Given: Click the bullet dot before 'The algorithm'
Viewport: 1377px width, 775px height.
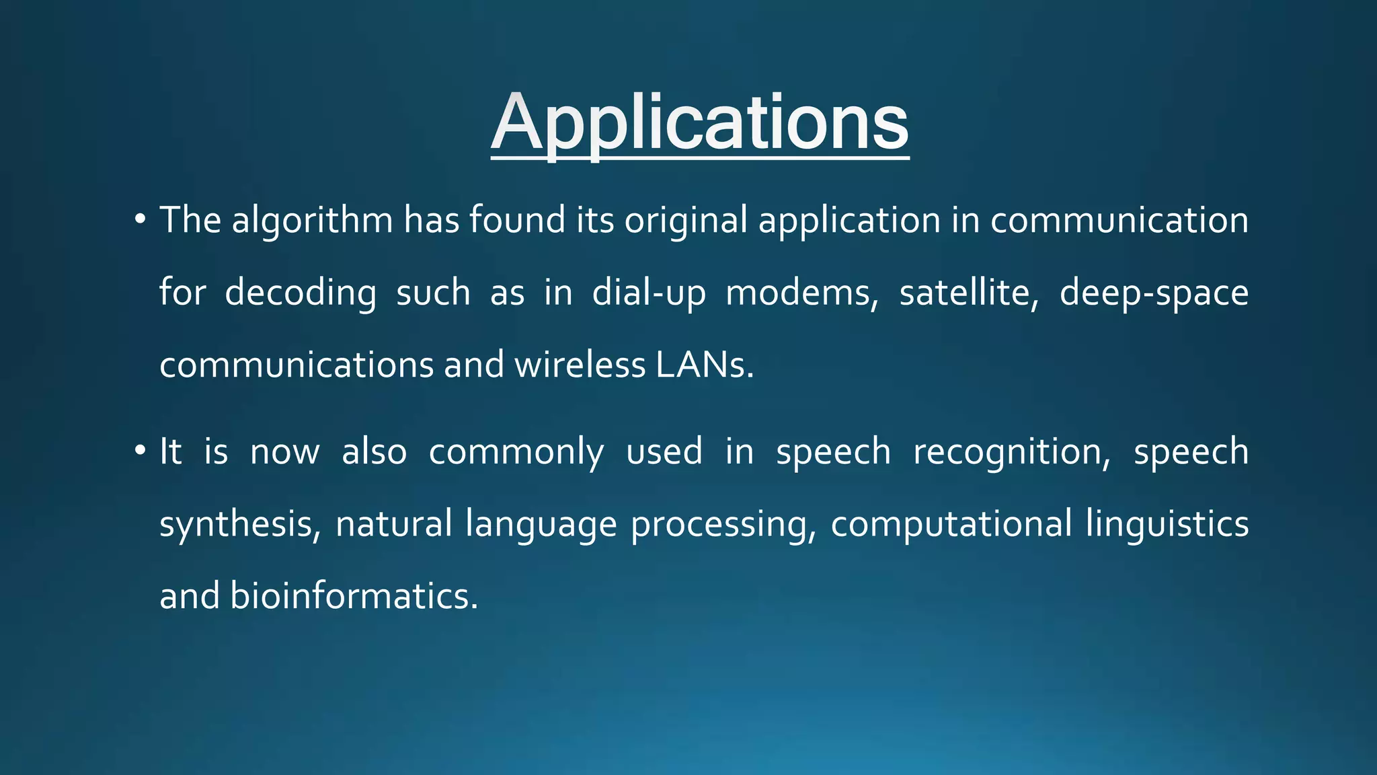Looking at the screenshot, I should pos(140,219).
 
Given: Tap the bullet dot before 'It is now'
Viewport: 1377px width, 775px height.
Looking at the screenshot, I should pos(140,450).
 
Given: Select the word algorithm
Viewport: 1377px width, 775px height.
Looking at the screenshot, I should pos(312,221).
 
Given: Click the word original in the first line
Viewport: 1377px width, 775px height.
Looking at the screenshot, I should pos(685,221).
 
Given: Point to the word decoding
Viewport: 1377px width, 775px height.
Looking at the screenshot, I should pos(300,293).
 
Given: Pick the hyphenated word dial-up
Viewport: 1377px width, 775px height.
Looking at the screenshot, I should pos(649,293).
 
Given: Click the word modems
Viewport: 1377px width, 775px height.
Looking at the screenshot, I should pos(801,293).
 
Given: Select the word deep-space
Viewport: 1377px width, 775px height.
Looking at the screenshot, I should pos(1154,293).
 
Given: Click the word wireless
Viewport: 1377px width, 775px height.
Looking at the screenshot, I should pos(580,365).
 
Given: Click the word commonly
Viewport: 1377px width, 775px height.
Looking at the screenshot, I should pos(516,452).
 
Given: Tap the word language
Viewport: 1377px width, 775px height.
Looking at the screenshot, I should pos(541,524).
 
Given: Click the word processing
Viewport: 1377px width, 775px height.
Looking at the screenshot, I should pos(722,524).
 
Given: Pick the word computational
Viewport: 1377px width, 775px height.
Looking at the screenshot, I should pos(951,524).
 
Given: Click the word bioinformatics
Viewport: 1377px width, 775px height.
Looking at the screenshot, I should pos(354,596).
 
